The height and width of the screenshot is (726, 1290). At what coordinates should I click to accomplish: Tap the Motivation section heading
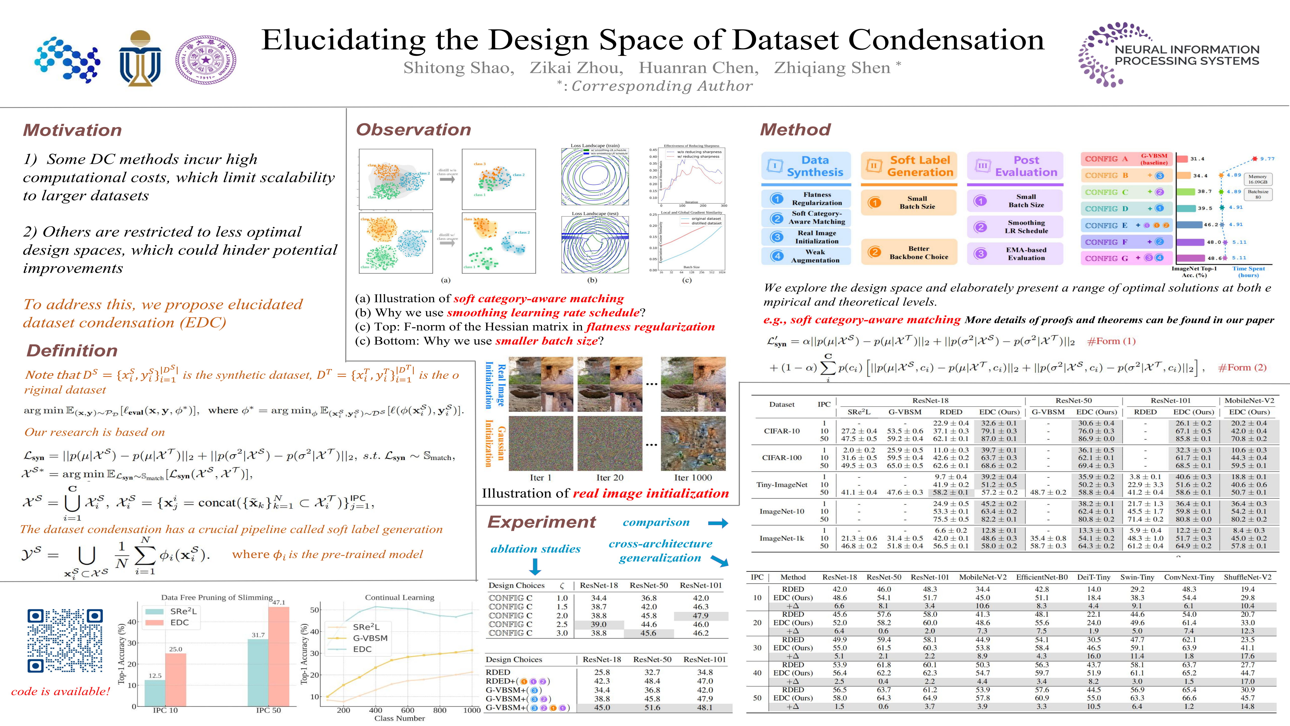pos(73,130)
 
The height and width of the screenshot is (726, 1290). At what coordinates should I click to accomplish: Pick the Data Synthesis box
pos(806,166)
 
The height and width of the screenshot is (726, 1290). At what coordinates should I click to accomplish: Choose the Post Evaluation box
pos(1015,166)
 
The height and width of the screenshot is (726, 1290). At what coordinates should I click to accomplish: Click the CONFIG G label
pos(1106,258)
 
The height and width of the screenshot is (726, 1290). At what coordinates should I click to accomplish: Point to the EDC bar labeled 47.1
pos(278,656)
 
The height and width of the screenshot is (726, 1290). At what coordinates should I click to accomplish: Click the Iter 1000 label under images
pos(693,477)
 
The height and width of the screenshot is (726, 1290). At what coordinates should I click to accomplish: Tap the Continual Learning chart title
pos(400,597)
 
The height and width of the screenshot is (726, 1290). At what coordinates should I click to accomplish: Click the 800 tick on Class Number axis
pos(440,710)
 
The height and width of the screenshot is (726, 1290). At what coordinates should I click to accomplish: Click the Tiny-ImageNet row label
pos(782,485)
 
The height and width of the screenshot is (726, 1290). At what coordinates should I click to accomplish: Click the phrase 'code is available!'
pos(60,691)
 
